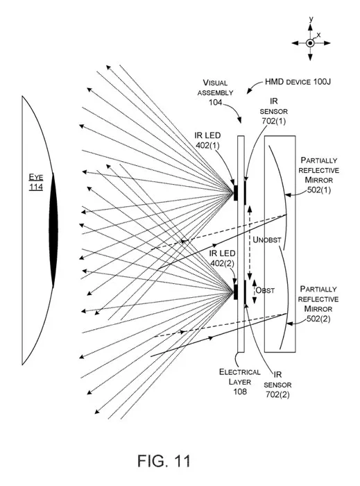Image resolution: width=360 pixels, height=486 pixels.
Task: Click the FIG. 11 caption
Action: pyautogui.click(x=164, y=461)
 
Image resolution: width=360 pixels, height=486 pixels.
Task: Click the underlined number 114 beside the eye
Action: pyautogui.click(x=36, y=187)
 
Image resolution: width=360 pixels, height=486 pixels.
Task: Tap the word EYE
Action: pyautogui.click(x=36, y=177)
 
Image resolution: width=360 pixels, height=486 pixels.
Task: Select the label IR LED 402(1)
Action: pyautogui.click(x=207, y=140)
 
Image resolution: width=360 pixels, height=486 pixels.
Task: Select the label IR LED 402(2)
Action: pyautogui.click(x=222, y=258)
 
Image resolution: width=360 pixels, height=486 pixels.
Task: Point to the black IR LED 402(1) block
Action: pyautogui.click(x=236, y=192)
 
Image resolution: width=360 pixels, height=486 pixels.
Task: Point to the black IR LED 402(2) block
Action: pyautogui.click(x=236, y=292)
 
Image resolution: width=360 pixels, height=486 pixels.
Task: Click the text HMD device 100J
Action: pyautogui.click(x=298, y=82)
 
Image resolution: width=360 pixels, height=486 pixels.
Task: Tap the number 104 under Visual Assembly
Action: pyautogui.click(x=216, y=102)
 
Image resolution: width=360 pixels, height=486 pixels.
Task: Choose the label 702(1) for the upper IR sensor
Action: pyautogui.click(x=273, y=121)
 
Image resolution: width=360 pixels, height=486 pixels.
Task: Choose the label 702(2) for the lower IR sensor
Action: pyautogui.click(x=277, y=394)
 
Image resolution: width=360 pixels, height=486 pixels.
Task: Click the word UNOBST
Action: pyautogui.click(x=267, y=240)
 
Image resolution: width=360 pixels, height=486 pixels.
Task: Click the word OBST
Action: pyautogui.click(x=265, y=290)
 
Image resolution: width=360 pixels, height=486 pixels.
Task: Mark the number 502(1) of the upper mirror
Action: pyautogui.click(x=319, y=190)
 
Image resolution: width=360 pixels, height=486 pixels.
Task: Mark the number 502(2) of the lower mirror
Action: pyautogui.click(x=318, y=319)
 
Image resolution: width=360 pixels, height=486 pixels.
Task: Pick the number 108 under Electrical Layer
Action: pyautogui.click(x=240, y=392)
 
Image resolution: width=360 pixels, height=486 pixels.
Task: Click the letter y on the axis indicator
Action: pyautogui.click(x=311, y=19)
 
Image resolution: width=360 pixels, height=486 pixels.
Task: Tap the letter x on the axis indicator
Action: pyautogui.click(x=318, y=35)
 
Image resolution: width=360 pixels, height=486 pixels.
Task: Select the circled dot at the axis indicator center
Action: pyautogui.click(x=310, y=43)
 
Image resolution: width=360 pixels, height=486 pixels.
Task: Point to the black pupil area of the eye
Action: pyautogui.click(x=53, y=230)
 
